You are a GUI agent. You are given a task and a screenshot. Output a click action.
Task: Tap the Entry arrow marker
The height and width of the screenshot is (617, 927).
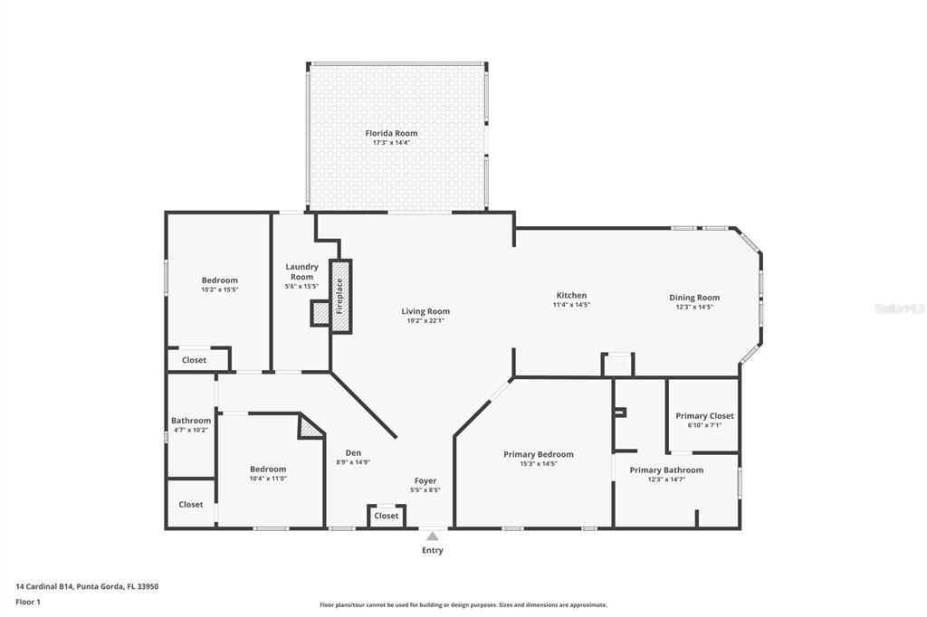[433, 536]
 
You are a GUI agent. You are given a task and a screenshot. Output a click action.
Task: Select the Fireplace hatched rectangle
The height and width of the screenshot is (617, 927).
[340, 296]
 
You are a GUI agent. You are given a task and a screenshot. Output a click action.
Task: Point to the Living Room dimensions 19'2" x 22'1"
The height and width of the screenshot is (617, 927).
[425, 321]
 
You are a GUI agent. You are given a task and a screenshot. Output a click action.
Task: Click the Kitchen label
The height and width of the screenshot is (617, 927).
[571, 295]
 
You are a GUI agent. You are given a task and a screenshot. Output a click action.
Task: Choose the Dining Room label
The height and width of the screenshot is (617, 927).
[694, 297]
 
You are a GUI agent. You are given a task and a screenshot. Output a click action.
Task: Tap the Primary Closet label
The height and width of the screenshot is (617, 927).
[704, 415]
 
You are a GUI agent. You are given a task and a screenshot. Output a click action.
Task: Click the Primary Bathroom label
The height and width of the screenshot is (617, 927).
[666, 470]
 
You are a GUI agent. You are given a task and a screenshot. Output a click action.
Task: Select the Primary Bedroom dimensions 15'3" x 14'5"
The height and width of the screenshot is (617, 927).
[538, 464]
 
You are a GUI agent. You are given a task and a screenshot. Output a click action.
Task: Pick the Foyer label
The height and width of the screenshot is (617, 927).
[425, 480]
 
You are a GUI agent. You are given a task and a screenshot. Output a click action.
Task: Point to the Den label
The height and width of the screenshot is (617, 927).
[354, 452]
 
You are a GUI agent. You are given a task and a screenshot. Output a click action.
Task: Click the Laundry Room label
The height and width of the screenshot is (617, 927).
[301, 271]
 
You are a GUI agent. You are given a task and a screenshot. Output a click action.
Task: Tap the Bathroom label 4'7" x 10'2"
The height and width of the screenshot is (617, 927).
[191, 421]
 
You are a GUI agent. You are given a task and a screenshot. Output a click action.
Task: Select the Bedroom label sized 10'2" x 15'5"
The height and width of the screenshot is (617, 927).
[219, 280]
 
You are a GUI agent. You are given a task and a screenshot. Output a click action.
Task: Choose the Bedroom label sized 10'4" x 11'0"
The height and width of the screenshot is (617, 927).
[268, 469]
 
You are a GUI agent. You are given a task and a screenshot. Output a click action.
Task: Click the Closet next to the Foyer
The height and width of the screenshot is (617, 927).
[387, 516]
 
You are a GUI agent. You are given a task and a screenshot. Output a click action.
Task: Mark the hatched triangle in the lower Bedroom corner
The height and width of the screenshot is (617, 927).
[310, 427]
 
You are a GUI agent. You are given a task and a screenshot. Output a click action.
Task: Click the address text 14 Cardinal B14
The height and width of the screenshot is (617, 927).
[87, 586]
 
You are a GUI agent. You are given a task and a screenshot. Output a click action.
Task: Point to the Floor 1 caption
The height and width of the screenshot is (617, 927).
[28, 602]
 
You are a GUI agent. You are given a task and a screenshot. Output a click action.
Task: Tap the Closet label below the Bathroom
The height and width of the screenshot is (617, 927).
[191, 504]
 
